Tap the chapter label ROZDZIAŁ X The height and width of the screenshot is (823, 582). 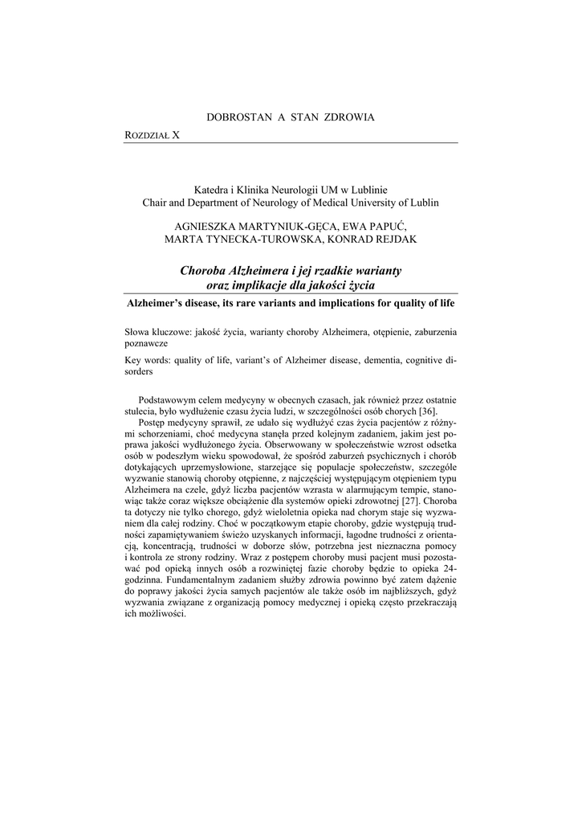(153, 136)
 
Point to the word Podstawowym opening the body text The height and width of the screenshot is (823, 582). (173, 399)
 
